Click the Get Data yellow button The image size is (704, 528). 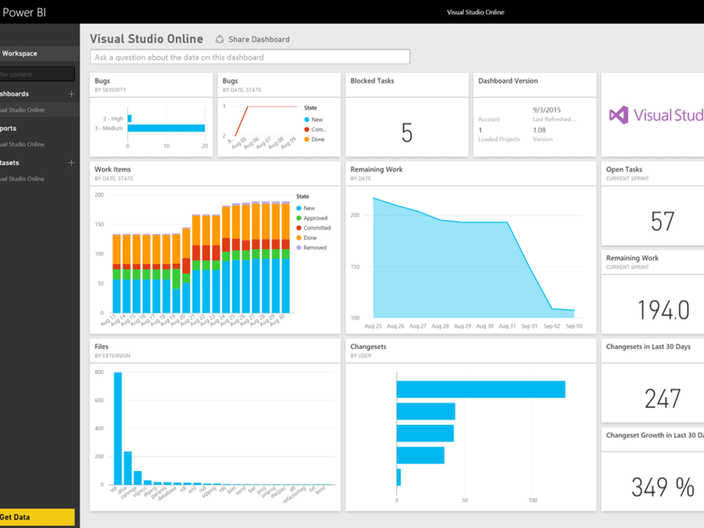coord(35,517)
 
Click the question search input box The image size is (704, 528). coord(250,57)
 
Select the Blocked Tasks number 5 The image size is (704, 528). coord(406,132)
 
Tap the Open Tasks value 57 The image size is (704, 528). coord(662,221)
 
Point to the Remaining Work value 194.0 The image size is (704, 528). coord(662,310)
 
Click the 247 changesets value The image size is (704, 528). coord(662,398)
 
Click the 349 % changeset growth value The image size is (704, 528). coord(662,486)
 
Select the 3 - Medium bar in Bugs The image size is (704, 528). coord(166,128)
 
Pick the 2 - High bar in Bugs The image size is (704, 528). coord(130,118)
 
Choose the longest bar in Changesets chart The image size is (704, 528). coord(481,389)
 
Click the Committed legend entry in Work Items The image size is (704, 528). coord(316,228)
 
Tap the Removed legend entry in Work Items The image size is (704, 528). coord(314,248)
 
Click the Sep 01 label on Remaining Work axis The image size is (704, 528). coord(529,327)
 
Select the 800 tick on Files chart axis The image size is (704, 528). coord(99,372)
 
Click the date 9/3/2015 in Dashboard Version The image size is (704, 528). coord(547,110)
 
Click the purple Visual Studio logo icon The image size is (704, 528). coord(619,115)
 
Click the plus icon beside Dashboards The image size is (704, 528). coord(71,94)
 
